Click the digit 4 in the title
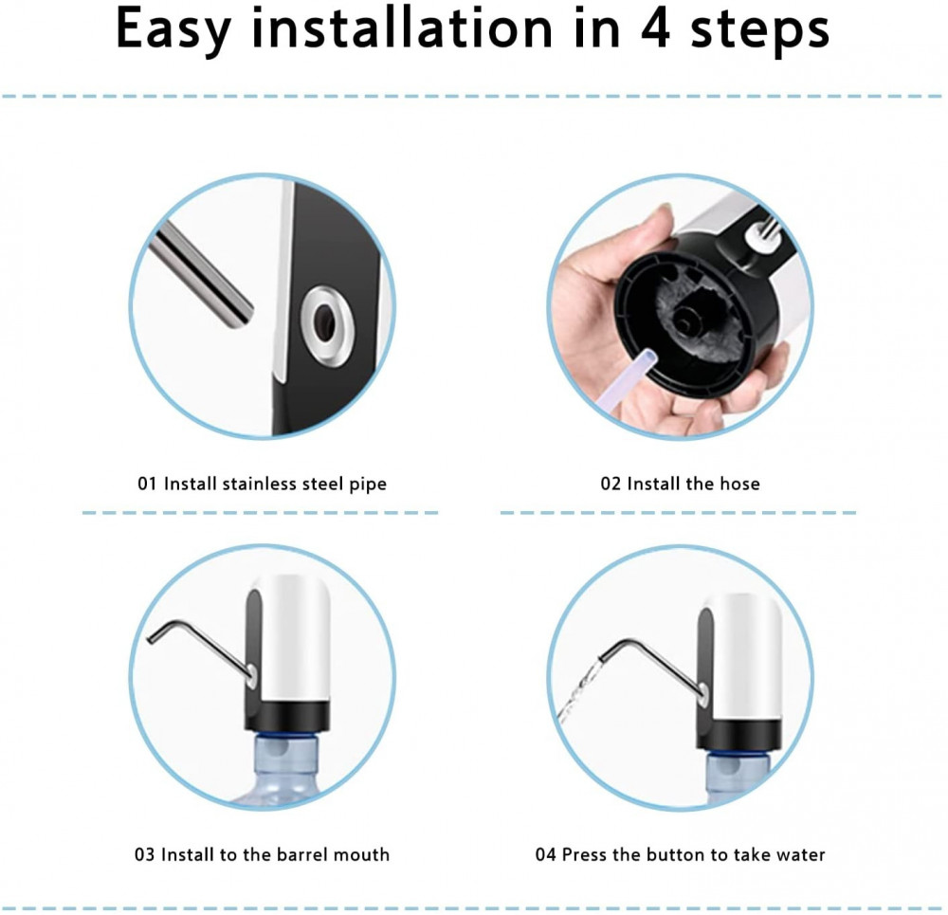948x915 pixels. [655, 28]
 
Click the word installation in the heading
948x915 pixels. [402, 28]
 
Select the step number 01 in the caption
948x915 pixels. [147, 484]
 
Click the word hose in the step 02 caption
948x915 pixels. [740, 484]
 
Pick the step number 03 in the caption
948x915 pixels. [144, 854]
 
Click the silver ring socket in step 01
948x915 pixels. [328, 325]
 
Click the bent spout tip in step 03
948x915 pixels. [151, 640]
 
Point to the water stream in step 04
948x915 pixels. [577, 695]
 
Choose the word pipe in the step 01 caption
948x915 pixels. [368, 485]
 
